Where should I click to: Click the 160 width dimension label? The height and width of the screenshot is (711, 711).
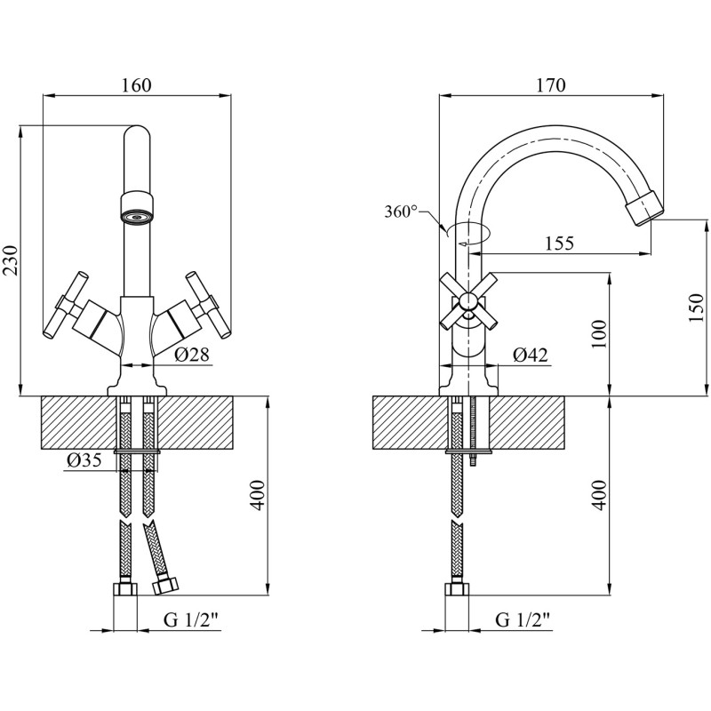tap(136, 85)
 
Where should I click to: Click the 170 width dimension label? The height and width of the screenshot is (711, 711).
tap(551, 85)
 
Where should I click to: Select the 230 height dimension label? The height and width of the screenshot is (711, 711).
tap(11, 260)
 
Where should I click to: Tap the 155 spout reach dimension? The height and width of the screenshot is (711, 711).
tap(559, 244)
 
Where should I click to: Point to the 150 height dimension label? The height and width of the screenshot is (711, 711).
tap(697, 308)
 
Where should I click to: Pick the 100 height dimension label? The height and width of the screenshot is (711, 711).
tap(599, 334)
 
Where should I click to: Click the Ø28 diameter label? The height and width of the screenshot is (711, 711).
tap(192, 354)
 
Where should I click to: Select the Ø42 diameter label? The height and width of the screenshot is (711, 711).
tap(530, 355)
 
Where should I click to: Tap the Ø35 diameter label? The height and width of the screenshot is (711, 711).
tap(84, 460)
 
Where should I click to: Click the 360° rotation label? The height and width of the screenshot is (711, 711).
tap(402, 212)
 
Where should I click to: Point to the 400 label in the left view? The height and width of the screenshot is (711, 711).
tap(258, 495)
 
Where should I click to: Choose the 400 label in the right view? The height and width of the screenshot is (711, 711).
tap(599, 495)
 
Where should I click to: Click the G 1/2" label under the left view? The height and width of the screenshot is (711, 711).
tap(192, 619)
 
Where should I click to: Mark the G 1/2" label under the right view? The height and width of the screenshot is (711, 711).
tap(523, 619)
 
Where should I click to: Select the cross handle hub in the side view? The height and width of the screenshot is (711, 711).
tap(469, 302)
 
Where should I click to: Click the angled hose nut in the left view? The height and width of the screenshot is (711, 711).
tap(166, 586)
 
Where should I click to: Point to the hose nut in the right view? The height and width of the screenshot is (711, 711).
tap(457, 588)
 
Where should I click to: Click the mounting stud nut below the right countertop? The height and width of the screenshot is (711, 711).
tap(473, 460)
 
